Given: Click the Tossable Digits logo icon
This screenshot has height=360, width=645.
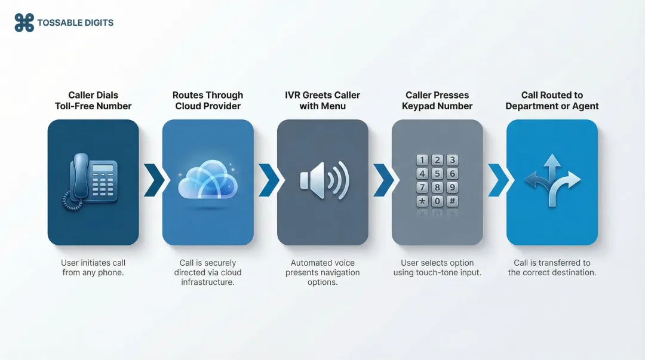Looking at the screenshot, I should coord(24,23).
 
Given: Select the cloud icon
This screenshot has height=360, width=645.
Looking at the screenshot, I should coord(207,181).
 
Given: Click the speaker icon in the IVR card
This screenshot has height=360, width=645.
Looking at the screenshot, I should coord(323,180).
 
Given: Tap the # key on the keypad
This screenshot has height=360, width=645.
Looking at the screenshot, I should coord(453,201).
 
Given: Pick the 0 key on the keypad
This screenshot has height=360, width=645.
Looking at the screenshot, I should coord(437,201).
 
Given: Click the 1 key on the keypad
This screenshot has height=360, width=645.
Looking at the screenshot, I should coord(422,160).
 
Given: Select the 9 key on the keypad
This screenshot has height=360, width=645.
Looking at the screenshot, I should coord(453,187).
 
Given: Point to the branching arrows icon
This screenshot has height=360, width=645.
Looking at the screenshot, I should coord(552,181).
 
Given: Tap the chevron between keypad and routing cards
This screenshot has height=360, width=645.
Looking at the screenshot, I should coord(497,180).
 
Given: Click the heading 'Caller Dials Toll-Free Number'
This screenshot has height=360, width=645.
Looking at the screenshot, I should coord(93,100).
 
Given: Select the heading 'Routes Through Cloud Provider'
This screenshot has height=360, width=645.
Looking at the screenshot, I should coord(207,100).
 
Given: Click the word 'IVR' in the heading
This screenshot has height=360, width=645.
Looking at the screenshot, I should coord(293,95).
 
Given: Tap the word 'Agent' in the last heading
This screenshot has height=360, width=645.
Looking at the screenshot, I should coord(585,106).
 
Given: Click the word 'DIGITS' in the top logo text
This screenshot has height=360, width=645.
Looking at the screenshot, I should coord(96,23).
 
